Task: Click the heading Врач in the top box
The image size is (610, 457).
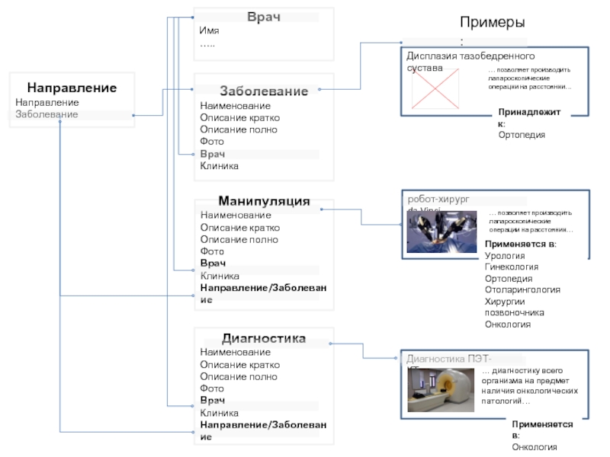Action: (264, 17)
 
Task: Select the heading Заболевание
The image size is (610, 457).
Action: (264, 91)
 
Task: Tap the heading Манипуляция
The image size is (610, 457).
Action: (264, 201)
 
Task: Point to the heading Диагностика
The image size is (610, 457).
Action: (264, 338)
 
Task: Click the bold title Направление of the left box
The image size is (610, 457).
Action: (72, 88)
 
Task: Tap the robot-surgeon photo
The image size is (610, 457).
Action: (441, 232)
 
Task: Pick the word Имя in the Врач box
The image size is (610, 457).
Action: (209, 31)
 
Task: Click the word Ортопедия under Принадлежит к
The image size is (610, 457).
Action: (522, 135)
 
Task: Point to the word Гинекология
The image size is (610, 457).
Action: (512, 267)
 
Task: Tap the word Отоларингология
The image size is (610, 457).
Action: (522, 290)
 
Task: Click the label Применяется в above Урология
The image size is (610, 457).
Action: (521, 244)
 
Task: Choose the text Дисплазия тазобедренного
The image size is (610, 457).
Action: (470, 56)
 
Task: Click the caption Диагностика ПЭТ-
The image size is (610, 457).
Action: (449, 360)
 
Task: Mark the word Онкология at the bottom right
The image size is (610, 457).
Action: (535, 447)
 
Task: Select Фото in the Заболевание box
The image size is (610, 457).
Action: (212, 142)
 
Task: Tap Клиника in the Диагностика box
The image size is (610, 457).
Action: (219, 413)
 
